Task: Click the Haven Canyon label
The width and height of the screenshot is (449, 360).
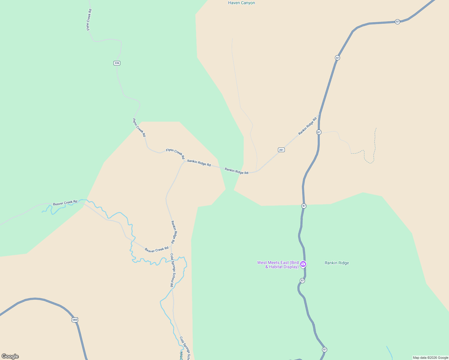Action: pos(241,3)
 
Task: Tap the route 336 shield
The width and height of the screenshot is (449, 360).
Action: pos(117,63)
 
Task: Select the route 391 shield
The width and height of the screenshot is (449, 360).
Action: pos(281,150)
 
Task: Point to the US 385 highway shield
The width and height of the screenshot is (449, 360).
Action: pos(75,320)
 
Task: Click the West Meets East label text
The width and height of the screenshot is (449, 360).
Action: pos(278,265)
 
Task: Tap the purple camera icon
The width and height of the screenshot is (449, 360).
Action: pos(303,264)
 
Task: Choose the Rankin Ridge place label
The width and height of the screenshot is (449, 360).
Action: pos(337,263)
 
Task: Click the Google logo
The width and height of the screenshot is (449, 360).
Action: pos(10,356)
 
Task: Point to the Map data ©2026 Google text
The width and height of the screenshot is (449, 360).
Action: pos(430,358)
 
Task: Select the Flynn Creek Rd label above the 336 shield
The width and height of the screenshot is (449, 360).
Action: pos(89,20)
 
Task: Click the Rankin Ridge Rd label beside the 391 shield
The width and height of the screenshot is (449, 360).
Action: pos(307,126)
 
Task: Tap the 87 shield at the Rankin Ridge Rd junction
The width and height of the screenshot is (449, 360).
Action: pos(319,132)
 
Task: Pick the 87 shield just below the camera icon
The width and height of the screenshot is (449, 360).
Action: pos(302,280)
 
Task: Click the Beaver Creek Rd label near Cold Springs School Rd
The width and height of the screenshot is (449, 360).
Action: pos(156,250)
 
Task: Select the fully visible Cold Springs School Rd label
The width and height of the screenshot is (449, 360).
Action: pos(172,270)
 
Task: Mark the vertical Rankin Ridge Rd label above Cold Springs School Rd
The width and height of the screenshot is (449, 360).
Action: pos(173,232)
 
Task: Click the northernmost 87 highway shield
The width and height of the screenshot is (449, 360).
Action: pos(397,22)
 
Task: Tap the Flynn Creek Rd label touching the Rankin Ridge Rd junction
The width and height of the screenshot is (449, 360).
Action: pos(175,154)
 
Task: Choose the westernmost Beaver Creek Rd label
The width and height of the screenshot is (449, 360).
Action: pos(65,203)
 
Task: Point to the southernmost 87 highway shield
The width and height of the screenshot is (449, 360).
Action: pos(324,349)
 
